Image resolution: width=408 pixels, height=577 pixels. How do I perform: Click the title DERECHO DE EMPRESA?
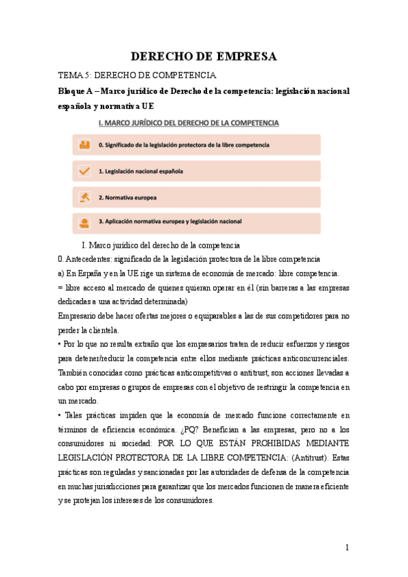click(x=203, y=56)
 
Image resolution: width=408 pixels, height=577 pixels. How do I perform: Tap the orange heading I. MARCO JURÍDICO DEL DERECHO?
click(x=189, y=123)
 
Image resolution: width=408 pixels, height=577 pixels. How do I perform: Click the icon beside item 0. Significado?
click(x=84, y=145)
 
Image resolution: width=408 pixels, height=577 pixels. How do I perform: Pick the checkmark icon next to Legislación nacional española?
click(x=84, y=171)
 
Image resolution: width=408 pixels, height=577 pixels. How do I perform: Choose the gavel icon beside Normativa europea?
click(x=84, y=197)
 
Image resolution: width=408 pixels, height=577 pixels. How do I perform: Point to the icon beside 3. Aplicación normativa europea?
click(x=84, y=223)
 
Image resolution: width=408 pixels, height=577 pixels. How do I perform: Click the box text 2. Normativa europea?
click(x=127, y=197)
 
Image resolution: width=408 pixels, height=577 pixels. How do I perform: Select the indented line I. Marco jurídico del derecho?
click(x=160, y=245)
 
